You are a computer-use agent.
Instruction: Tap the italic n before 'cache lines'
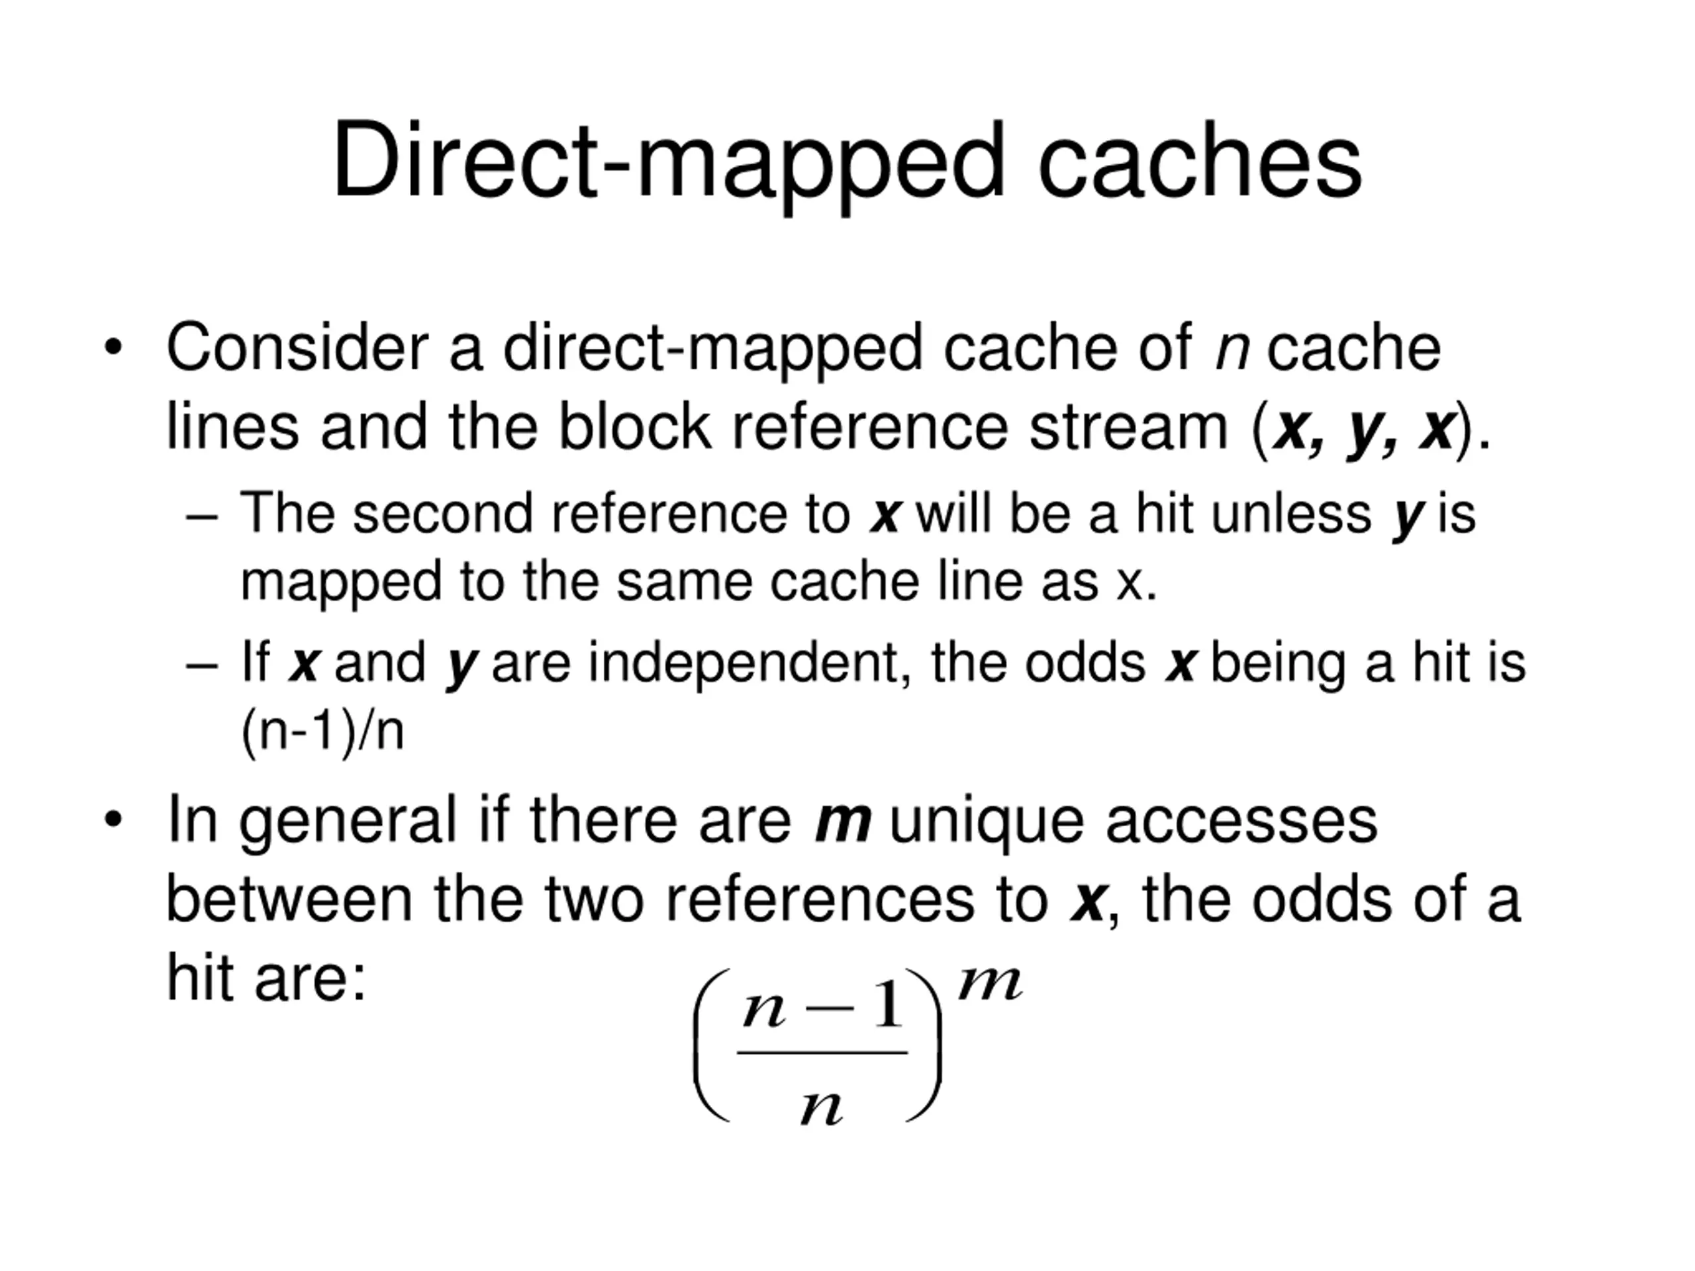coord(1232,352)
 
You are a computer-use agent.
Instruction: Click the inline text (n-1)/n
coord(322,731)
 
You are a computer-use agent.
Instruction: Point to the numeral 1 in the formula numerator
coord(889,1004)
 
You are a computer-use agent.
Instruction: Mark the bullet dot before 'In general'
coord(113,820)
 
